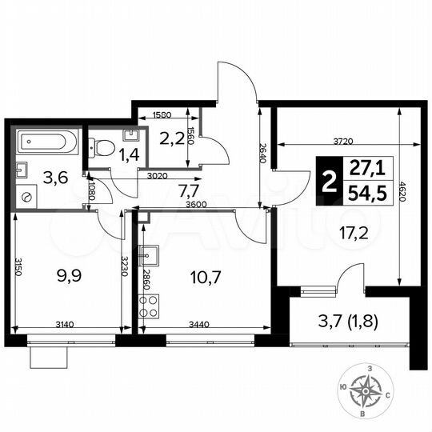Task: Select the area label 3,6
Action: [x=54, y=178]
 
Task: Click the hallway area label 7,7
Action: [x=188, y=190]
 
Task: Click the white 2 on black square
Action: [x=326, y=182]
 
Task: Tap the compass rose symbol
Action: [x=369, y=392]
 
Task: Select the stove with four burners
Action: [x=149, y=306]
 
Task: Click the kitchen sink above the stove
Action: [x=149, y=255]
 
